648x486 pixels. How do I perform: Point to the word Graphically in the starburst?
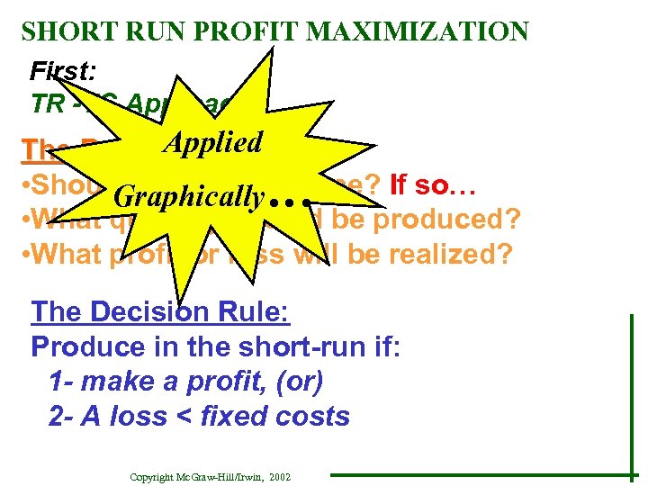click(x=191, y=195)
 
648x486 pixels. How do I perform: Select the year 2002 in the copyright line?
click(x=279, y=475)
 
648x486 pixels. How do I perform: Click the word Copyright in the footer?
click(x=153, y=475)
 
